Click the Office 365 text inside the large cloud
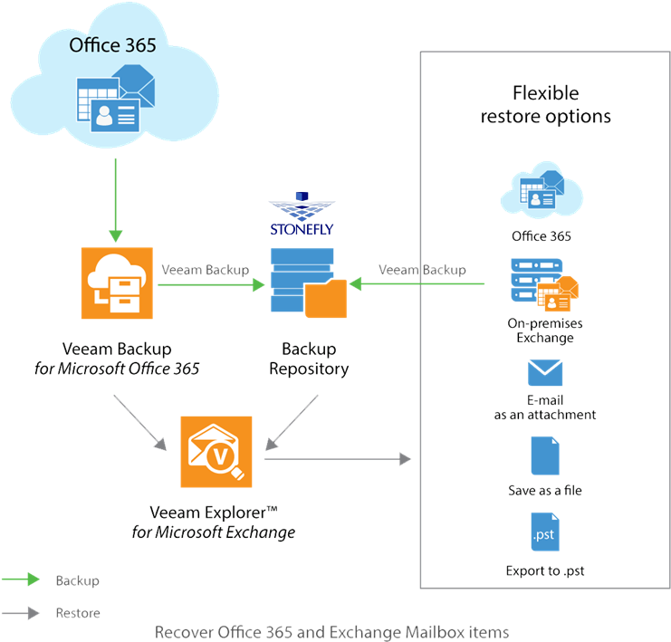[x=108, y=45]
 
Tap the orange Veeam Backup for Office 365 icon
[x=117, y=284]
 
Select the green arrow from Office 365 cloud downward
[x=116, y=199]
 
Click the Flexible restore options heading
[x=545, y=104]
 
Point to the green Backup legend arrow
[x=22, y=580]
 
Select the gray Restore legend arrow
[x=22, y=613]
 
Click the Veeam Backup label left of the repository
[x=205, y=270]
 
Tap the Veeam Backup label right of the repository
[x=422, y=270]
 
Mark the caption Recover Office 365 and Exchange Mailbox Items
[x=331, y=631]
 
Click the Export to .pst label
[x=544, y=571]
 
